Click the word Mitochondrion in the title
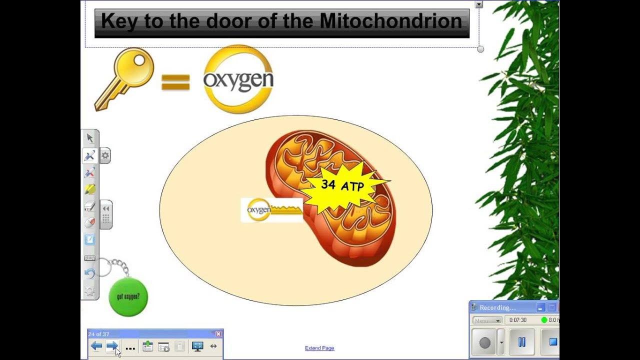[x=390, y=21]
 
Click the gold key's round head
[x=135, y=65]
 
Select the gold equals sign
[x=175, y=82]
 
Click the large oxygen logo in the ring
[x=238, y=80]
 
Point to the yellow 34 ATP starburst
[x=342, y=186]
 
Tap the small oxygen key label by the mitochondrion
[x=259, y=210]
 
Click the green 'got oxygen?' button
[x=128, y=296]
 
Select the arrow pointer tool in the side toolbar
[x=90, y=138]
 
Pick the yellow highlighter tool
[x=90, y=189]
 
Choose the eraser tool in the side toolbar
[x=90, y=206]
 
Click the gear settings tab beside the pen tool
[x=105, y=155]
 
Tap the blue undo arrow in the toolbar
[x=90, y=273]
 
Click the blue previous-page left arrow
[x=96, y=346]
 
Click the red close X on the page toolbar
[x=218, y=334]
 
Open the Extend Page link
[x=319, y=348]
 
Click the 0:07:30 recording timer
[x=518, y=320]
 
